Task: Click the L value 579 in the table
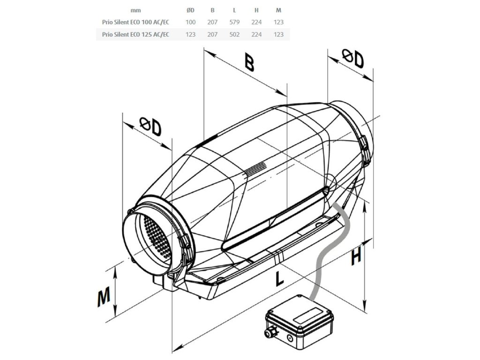point(234,22)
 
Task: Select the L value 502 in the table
point(234,34)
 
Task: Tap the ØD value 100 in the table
point(190,22)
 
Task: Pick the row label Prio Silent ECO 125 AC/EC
point(135,34)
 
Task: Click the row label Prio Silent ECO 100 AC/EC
point(135,22)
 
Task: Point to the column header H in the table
point(256,10)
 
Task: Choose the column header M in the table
point(278,10)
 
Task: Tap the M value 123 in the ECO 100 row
point(278,22)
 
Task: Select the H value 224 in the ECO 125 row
point(256,34)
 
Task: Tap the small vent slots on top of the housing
point(256,167)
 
